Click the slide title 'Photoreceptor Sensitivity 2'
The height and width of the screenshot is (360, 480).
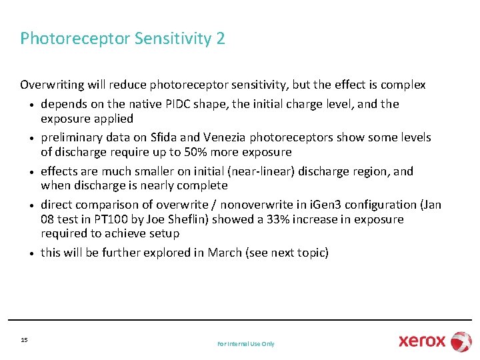(123, 39)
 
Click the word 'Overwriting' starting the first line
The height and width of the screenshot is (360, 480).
(49, 85)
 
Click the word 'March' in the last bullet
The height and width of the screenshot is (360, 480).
(225, 253)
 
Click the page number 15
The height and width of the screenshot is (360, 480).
(24, 340)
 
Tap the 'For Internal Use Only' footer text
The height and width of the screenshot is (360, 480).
(245, 343)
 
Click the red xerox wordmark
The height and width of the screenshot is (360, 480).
(422, 341)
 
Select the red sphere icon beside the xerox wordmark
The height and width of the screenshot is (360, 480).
(461, 341)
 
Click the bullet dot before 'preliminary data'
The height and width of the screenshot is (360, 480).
(31, 139)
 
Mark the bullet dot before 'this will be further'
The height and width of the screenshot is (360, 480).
(31, 253)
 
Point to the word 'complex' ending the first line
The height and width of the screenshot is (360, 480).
(405, 85)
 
